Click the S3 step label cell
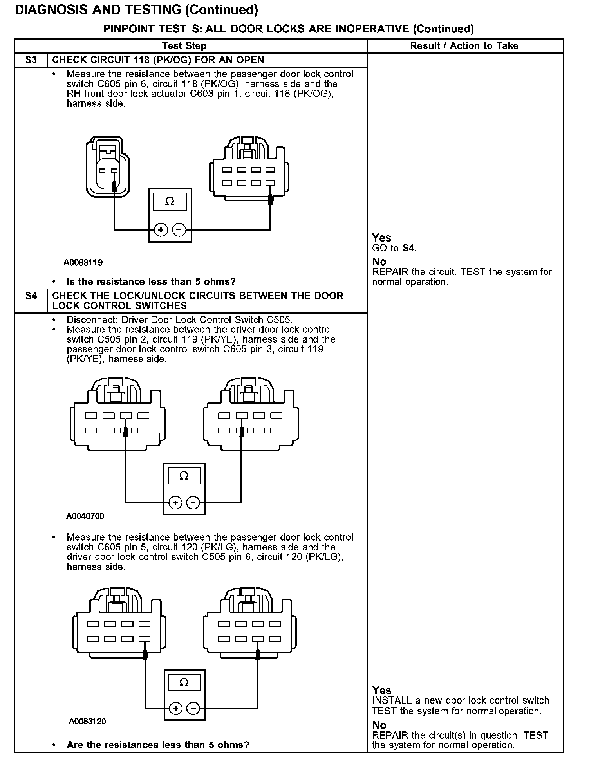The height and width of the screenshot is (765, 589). pos(31,60)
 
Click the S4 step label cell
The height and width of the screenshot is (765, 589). pos(31,296)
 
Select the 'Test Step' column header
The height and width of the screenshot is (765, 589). pos(184,46)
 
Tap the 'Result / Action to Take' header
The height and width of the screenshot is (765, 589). pos(464,46)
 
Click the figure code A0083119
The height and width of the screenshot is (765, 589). pos(83,263)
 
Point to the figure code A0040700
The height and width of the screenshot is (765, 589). pos(85,516)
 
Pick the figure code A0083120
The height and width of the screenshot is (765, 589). pos(87,721)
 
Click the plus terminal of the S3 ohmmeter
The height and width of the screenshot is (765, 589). pos(161,230)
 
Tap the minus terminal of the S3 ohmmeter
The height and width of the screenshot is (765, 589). pos(179,230)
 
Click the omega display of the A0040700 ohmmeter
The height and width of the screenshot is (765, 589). pos(184,476)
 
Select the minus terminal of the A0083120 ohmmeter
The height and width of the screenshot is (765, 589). pos(193,708)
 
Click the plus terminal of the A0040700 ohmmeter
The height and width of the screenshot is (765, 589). pos(175,503)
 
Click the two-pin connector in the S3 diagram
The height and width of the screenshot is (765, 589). pos(107,168)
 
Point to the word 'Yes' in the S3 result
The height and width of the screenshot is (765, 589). pos(381,238)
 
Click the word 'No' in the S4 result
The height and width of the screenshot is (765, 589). pos(379,725)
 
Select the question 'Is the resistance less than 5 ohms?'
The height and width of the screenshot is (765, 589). pos(151,282)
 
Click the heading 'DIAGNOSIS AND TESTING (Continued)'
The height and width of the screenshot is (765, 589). pos(136,10)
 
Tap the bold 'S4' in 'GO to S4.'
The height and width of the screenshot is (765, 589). pos(408,248)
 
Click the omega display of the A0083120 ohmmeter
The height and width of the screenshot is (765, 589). pos(184,683)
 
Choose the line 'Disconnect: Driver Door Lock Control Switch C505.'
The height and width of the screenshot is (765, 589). pos(179,319)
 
